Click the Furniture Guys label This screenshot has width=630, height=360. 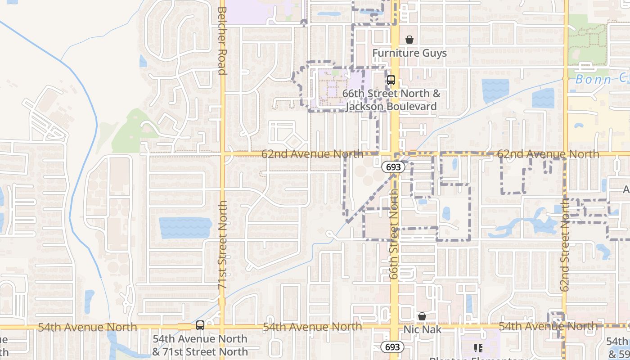409,53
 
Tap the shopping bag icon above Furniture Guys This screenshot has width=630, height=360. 409,40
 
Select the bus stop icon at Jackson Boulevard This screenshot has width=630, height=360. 391,80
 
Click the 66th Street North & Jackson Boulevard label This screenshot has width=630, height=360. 391,100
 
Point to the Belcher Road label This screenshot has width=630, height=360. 221,40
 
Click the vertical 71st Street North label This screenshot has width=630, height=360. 222,245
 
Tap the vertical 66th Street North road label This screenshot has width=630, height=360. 394,234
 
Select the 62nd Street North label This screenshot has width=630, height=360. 565,245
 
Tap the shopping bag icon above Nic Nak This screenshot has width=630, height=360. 422,317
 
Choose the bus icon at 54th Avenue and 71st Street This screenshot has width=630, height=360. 200,325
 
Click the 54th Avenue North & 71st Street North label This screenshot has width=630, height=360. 200,345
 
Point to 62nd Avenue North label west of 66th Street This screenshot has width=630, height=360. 312,154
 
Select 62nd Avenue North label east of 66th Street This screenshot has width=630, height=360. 548,154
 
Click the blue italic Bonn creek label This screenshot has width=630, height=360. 601,80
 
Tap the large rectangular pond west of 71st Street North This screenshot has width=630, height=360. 185,228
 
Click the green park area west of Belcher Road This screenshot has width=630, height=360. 130,130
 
